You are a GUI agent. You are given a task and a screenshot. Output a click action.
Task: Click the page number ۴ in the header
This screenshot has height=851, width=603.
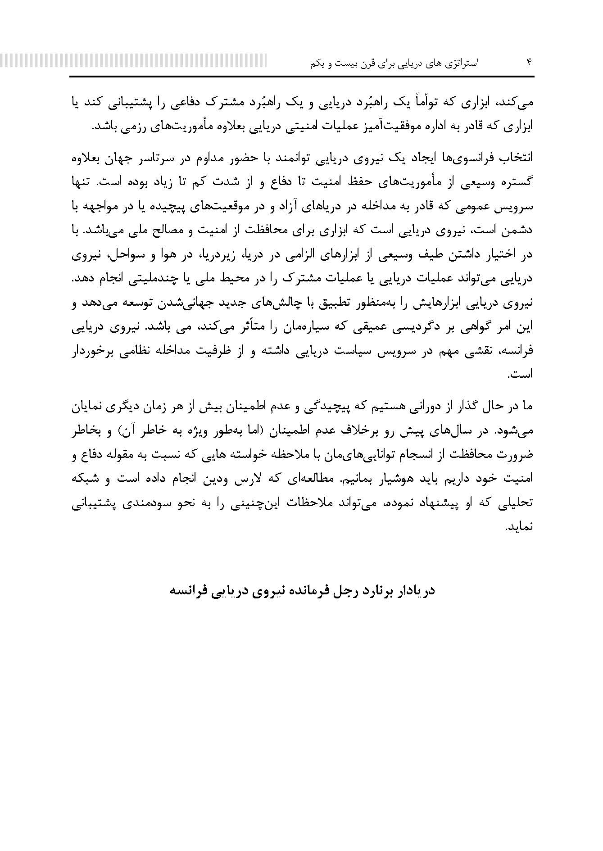(529, 63)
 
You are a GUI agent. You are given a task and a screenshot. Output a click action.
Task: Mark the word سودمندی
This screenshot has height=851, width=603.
(135, 502)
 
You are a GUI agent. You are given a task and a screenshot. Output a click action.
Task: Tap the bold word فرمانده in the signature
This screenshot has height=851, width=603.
(307, 590)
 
